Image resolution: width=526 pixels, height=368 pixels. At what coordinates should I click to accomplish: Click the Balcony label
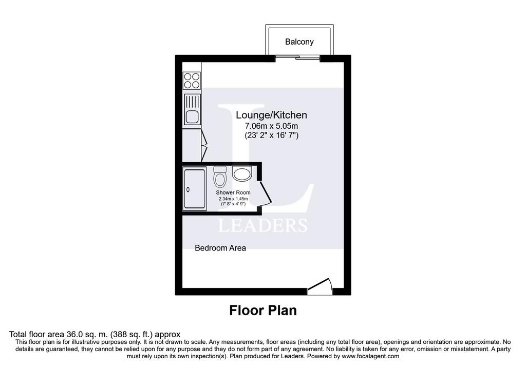click(299, 42)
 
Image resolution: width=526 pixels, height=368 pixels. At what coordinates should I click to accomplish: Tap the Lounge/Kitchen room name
click(271, 115)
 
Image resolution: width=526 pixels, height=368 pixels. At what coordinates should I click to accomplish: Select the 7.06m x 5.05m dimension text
click(271, 126)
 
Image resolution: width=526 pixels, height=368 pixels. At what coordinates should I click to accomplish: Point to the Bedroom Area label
click(220, 248)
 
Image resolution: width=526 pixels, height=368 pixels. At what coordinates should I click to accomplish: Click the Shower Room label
click(233, 192)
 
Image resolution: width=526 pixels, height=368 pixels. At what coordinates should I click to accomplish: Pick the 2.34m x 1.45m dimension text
click(233, 199)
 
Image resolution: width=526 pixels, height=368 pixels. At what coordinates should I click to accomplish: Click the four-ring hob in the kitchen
click(192, 81)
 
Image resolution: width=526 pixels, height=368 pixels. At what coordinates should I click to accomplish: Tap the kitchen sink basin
click(192, 117)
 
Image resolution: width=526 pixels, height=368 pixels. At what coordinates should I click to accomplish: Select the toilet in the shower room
click(220, 177)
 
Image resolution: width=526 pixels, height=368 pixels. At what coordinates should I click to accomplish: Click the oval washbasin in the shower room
click(241, 174)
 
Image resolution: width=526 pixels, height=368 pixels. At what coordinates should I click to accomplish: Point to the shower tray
click(194, 189)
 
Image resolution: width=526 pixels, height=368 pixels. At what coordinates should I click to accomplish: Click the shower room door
click(265, 193)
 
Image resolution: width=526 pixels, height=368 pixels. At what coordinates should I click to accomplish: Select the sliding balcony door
click(297, 58)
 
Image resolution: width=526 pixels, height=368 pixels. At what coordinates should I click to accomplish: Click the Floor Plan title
click(263, 311)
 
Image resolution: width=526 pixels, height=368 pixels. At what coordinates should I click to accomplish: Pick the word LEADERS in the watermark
click(262, 225)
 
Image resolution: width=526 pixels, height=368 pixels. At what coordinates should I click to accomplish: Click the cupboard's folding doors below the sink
click(204, 145)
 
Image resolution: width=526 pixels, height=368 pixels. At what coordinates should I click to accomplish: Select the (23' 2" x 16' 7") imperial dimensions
click(271, 135)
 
